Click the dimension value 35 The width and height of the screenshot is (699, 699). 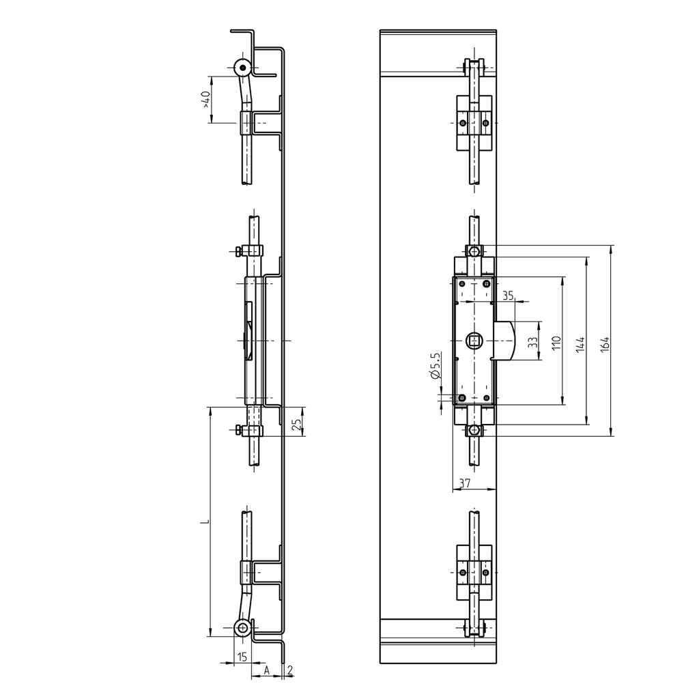[508, 295]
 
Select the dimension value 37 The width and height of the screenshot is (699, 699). [464, 483]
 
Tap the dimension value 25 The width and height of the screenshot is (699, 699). [295, 424]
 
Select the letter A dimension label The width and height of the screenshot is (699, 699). [268, 670]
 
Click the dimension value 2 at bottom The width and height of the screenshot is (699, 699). [290, 670]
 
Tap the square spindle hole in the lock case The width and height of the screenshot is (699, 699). [474, 339]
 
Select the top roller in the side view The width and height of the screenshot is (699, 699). [242, 68]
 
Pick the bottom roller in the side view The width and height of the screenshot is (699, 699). [242, 628]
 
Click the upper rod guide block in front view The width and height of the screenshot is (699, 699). [474, 122]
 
